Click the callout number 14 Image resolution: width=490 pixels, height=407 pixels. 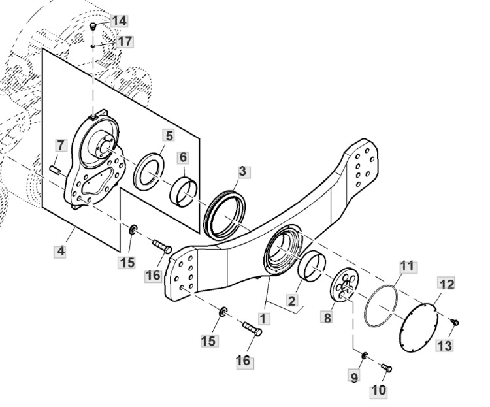119,21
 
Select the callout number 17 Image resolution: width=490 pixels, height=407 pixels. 125,41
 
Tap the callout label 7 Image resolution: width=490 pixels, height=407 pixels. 60,145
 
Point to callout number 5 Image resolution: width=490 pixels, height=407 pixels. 169,136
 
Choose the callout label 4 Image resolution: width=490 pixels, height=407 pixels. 61,251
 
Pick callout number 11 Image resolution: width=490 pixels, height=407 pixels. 407,266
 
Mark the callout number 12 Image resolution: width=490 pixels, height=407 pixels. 446,284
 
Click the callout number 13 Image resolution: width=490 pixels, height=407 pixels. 444,346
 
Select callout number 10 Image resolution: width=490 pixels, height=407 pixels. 378,391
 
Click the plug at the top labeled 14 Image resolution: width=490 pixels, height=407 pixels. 93,25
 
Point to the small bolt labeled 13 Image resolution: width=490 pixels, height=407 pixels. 455,322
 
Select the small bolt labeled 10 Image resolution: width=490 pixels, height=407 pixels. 387,368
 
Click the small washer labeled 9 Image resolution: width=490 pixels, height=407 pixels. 365,355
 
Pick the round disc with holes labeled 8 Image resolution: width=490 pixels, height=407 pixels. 345,285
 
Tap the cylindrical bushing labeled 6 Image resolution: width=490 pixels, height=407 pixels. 184,193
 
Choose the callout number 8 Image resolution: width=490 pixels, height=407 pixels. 327,318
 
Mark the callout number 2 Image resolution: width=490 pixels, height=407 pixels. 291,301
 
